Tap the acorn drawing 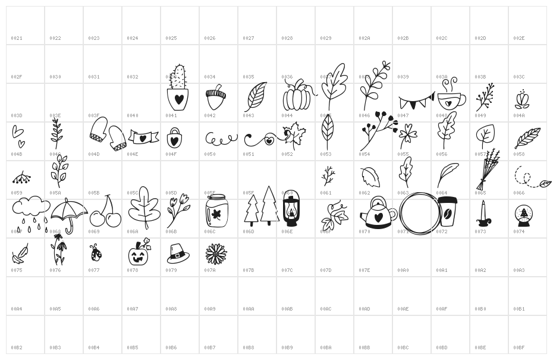click(215, 98)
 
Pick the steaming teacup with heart click(451, 95)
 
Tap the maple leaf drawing click(294, 135)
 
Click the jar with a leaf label click(216, 211)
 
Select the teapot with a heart click(378, 213)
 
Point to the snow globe click(523, 215)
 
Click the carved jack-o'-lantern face click(139, 253)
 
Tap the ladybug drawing click(96, 253)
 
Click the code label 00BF click(519, 348)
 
